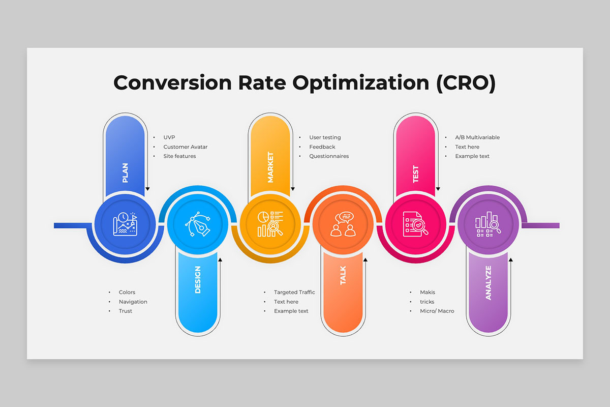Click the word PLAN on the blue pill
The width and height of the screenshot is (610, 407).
(x=125, y=173)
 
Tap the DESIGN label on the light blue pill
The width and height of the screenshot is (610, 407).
(x=198, y=280)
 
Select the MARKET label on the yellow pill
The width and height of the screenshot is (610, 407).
(x=270, y=167)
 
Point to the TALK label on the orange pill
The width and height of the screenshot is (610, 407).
(x=343, y=275)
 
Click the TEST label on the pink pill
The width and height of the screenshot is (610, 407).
(x=416, y=174)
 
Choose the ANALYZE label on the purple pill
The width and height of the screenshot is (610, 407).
(x=489, y=283)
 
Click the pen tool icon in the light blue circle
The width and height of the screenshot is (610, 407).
(x=198, y=224)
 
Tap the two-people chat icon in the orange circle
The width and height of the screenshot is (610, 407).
(x=343, y=224)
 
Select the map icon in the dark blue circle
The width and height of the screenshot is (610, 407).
(x=125, y=224)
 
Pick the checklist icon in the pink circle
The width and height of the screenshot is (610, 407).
(x=416, y=224)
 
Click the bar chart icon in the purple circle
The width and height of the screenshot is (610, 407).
(x=488, y=224)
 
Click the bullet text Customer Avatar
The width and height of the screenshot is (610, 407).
(x=186, y=147)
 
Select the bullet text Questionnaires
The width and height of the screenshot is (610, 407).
(x=329, y=156)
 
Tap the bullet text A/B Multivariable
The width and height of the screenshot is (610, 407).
(x=477, y=137)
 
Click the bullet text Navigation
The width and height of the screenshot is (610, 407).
(x=133, y=302)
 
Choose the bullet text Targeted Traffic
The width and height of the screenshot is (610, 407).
(x=294, y=292)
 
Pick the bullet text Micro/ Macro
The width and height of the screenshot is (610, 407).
(x=437, y=311)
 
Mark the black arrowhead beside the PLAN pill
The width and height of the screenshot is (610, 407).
(x=147, y=189)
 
